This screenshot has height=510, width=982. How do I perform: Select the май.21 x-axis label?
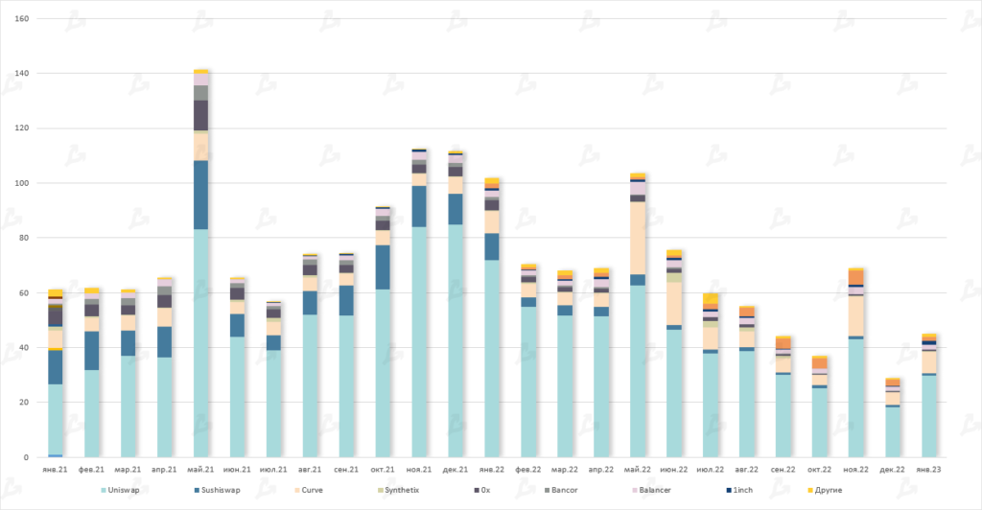tap(201, 470)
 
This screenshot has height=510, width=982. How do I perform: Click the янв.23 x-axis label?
tap(929, 470)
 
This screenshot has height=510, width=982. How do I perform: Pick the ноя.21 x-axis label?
tap(419, 470)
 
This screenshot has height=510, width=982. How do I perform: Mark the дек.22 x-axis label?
tap(893, 470)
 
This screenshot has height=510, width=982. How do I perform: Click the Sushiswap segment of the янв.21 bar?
tap(56, 367)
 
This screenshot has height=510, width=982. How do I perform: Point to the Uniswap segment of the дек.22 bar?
tap(893, 431)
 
